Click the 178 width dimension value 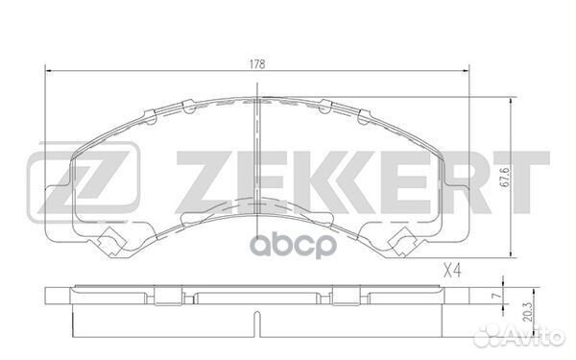(258, 62)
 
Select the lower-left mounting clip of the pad (114, 242)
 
